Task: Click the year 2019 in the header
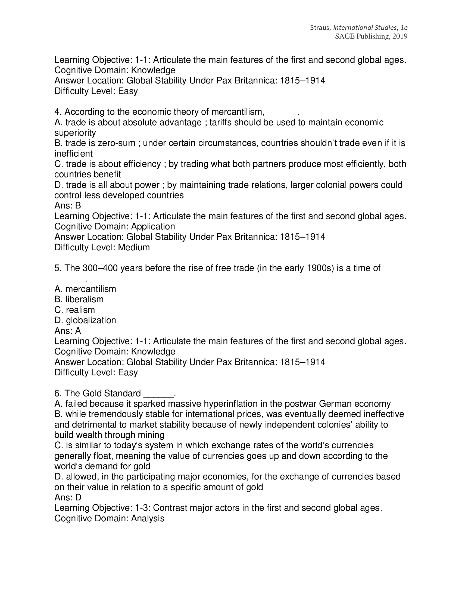click(x=400, y=36)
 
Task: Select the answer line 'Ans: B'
click(x=68, y=206)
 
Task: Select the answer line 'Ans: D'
click(x=68, y=497)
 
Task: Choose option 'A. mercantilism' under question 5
click(x=85, y=289)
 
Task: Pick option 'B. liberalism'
click(x=79, y=300)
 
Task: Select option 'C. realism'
click(x=74, y=310)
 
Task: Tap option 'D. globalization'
click(x=85, y=320)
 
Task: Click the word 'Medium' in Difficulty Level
click(x=134, y=248)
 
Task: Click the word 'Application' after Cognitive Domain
click(x=153, y=226)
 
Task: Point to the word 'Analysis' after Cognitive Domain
click(x=148, y=518)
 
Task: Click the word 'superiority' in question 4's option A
click(x=75, y=133)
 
